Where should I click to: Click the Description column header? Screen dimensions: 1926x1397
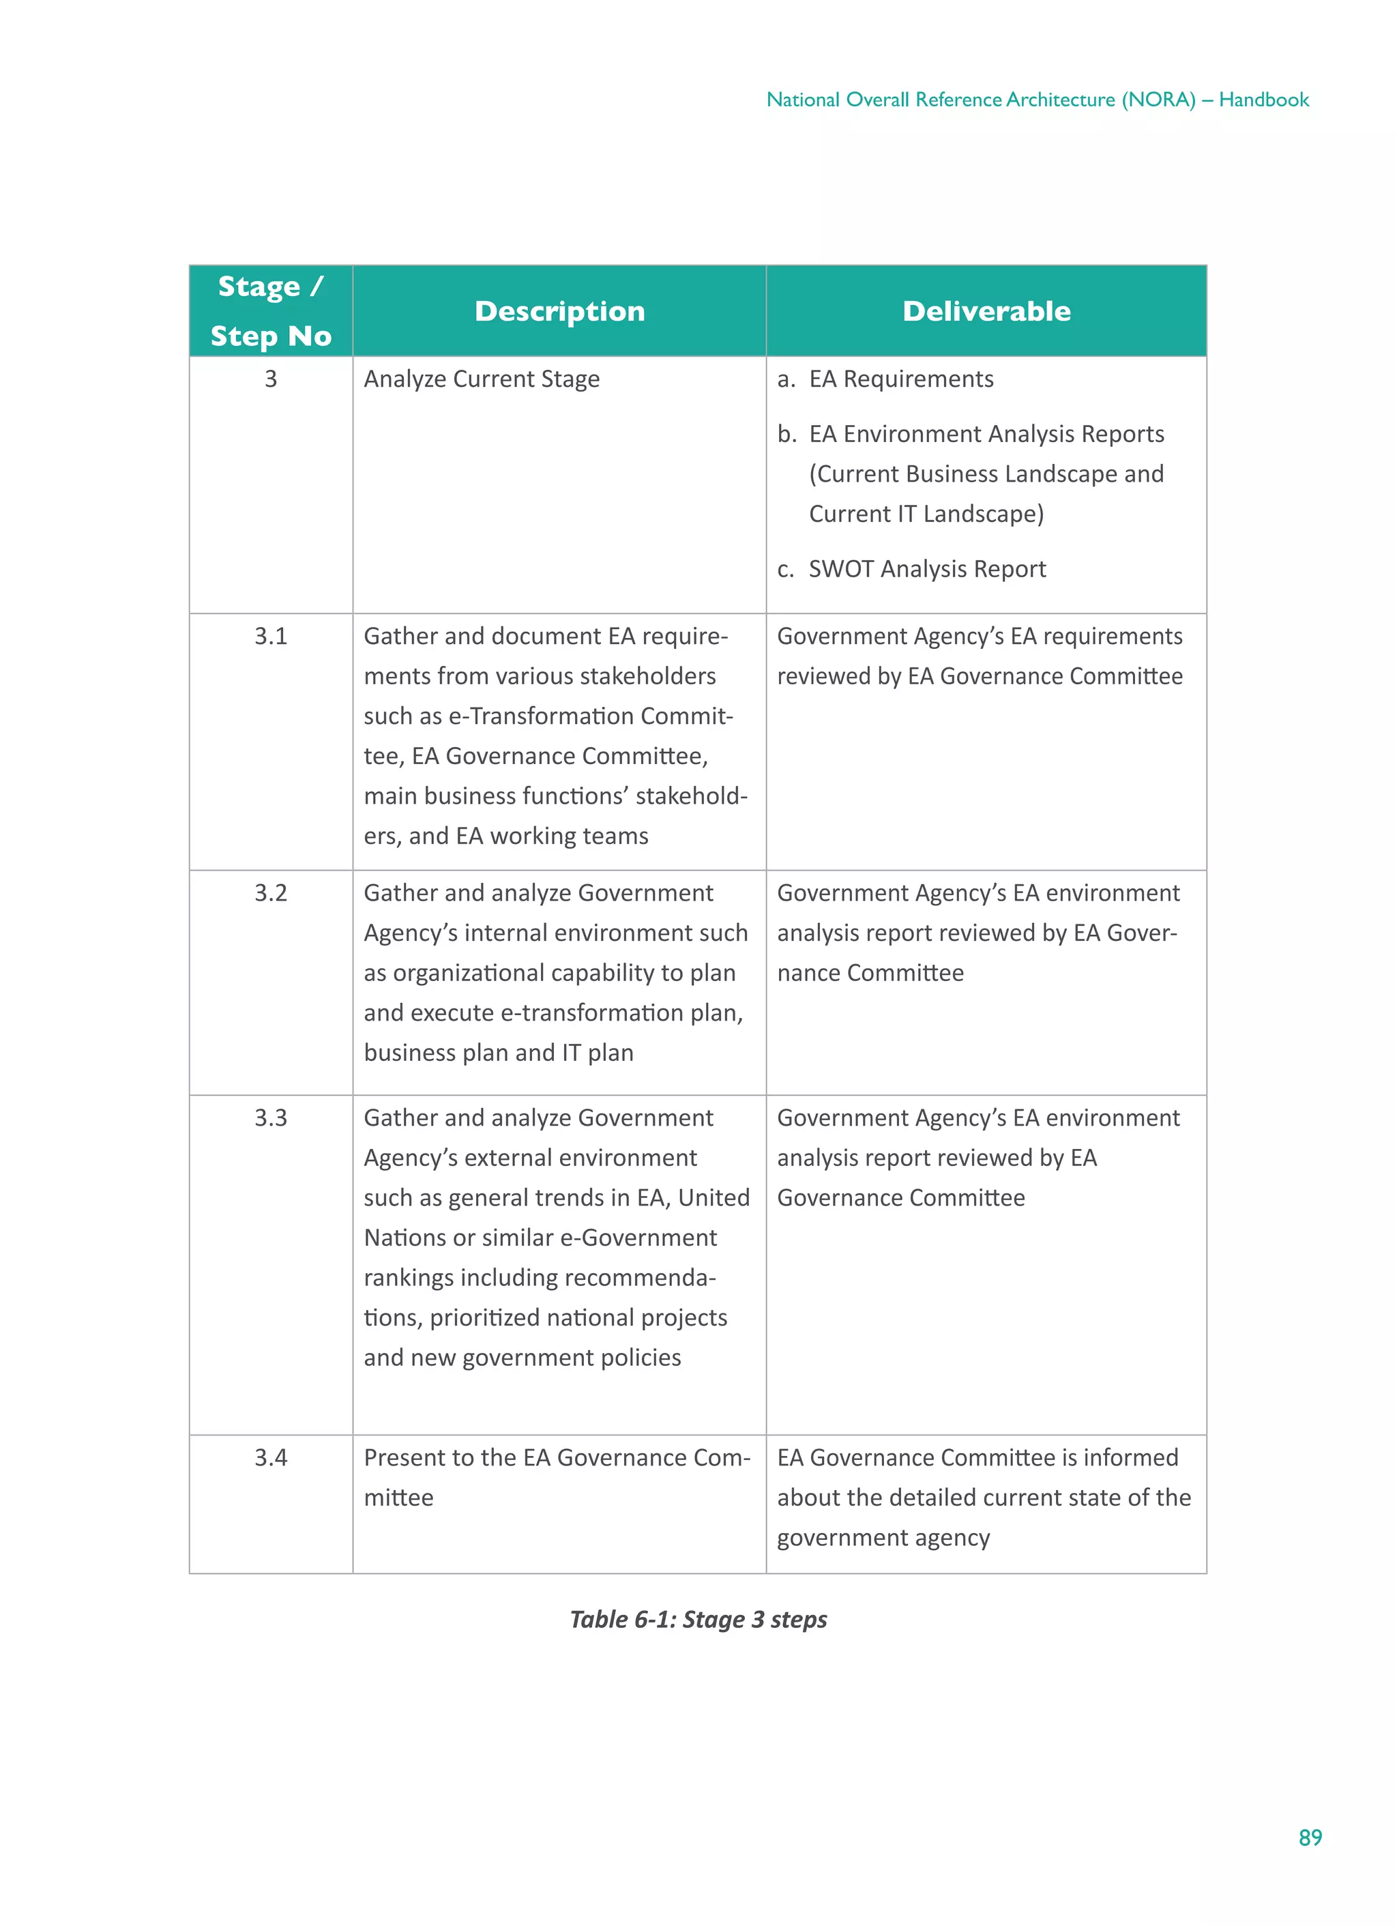pos(559,311)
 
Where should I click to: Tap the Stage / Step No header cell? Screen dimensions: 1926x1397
pos(270,311)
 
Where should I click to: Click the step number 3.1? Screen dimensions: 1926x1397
pos(270,636)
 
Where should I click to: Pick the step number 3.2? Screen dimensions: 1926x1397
pos(270,892)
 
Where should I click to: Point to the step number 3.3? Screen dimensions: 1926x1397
pos(270,1118)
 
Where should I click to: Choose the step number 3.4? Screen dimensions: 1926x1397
pos(270,1457)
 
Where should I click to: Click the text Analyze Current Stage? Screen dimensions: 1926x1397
pos(481,379)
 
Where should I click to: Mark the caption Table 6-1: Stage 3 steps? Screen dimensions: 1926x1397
pos(698,1620)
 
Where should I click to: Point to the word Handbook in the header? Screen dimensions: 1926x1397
pos(1264,100)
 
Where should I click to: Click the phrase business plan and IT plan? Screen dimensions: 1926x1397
pos(499,1052)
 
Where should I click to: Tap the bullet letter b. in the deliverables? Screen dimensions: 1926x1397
pos(786,434)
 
